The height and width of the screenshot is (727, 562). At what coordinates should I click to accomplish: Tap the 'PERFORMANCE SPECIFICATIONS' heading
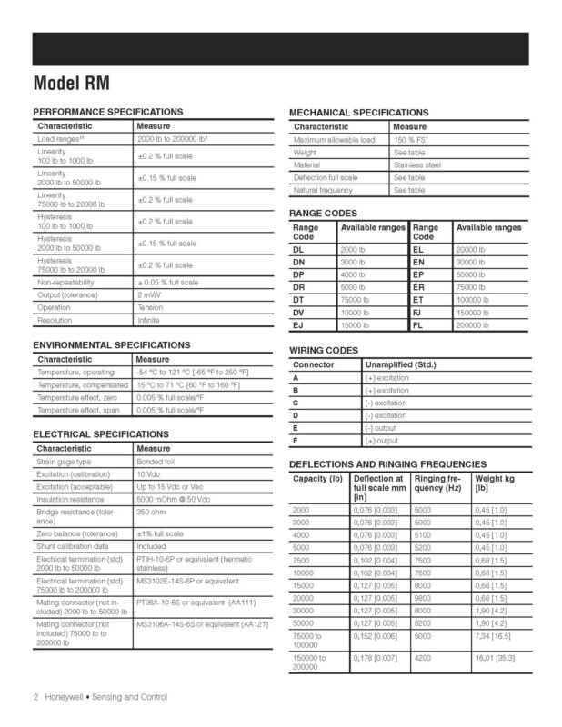(107, 111)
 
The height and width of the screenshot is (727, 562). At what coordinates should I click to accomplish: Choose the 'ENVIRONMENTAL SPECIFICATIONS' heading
(111, 345)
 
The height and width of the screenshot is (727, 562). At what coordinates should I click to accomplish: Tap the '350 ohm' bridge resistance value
(154, 513)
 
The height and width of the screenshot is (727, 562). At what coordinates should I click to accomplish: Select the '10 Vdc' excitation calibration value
(149, 474)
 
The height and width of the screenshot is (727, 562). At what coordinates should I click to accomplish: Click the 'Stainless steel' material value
(417, 165)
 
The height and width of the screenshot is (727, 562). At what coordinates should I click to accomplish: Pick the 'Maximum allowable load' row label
(334, 140)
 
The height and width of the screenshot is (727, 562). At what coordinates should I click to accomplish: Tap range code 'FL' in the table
(419, 324)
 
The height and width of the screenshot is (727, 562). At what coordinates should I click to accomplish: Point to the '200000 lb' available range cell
(474, 324)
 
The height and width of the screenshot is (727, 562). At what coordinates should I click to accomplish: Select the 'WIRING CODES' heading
(323, 351)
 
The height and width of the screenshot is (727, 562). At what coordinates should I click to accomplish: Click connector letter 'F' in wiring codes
(295, 441)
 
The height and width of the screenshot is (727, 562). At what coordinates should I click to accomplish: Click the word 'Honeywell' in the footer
(61, 697)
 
